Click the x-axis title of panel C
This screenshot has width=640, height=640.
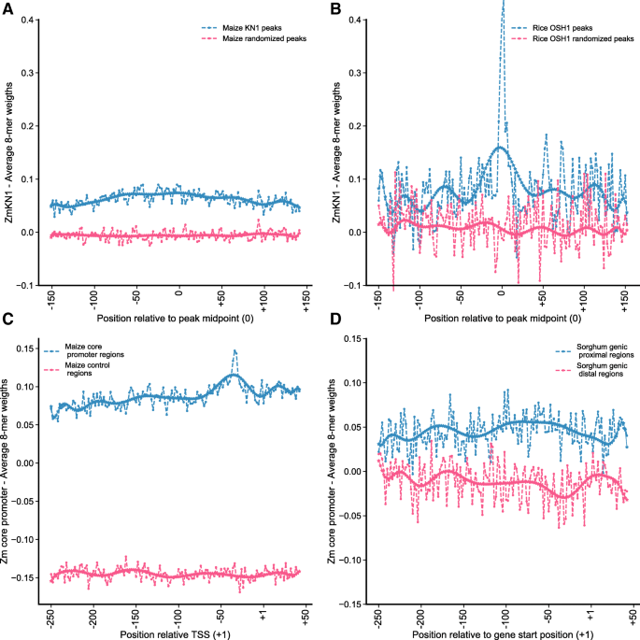175,633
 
